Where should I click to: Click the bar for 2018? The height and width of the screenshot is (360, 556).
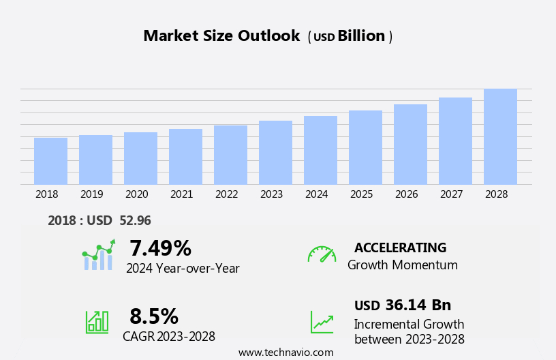coord(50,161)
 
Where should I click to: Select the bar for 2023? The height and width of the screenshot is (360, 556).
coord(275,153)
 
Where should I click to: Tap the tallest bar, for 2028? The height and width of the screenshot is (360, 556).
coord(500,136)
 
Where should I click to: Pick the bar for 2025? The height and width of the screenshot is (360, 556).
coord(365,147)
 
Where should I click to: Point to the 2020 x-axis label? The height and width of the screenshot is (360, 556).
coord(136,194)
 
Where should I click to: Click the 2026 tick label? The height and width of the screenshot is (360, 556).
coord(406,194)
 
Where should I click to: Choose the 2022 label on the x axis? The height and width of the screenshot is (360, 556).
coord(226,194)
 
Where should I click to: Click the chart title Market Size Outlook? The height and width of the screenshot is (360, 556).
coord(221,36)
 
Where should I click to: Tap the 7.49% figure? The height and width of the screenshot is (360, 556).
coord(160,248)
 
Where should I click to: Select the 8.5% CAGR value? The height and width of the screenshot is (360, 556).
coord(154,316)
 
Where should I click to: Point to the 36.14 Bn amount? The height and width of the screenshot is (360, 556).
coord(418,305)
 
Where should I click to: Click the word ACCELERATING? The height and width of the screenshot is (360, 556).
coord(400,248)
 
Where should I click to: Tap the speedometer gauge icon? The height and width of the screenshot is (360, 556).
coord(322,254)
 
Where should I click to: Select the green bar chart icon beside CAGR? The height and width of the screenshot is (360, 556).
coord(97,321)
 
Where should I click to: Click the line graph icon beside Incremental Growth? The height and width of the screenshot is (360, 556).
coord(322,322)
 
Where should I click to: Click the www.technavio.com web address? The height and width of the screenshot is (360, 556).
coord(285,352)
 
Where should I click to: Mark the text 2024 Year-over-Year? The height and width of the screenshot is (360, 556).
coord(183,269)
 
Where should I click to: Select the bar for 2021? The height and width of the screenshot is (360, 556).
coord(185,157)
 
